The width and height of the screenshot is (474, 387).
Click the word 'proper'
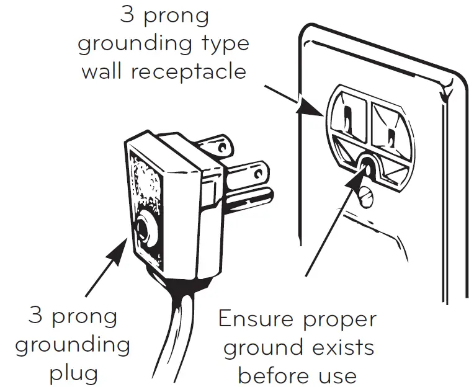(344, 321)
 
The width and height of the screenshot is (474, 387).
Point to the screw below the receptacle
(365, 197)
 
